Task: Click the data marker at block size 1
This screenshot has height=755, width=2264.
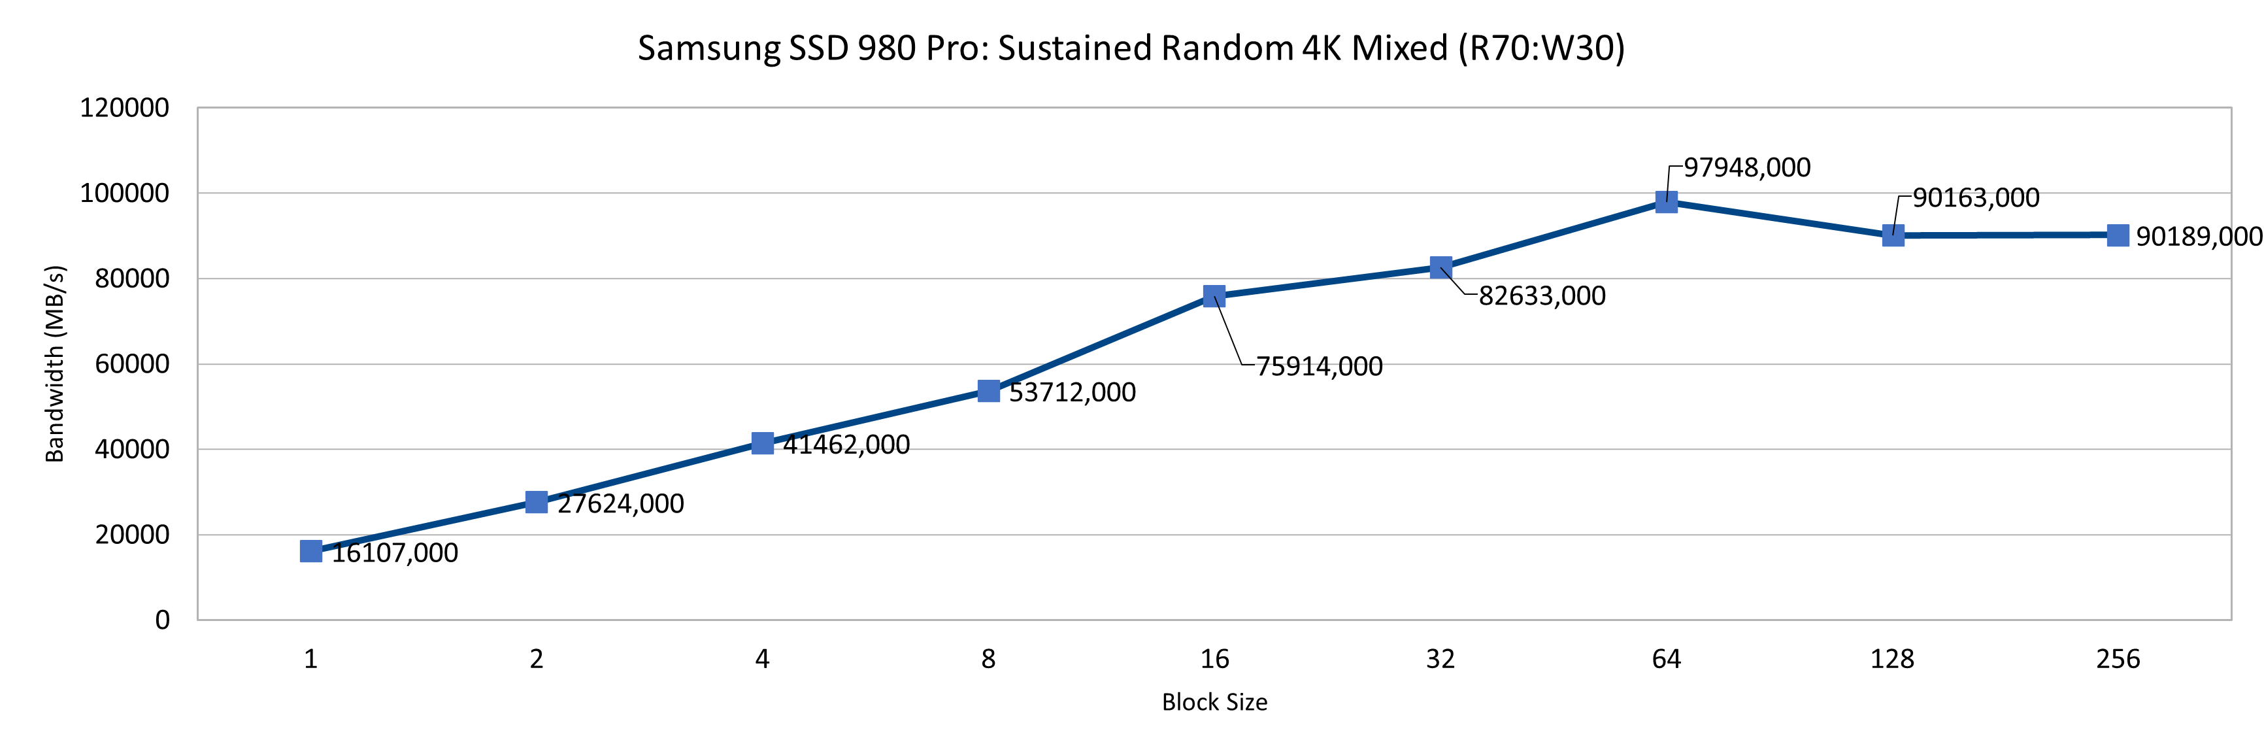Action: (x=310, y=551)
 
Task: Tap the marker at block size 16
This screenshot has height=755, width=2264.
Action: (x=1214, y=295)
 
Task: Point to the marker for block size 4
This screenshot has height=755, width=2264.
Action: (x=762, y=443)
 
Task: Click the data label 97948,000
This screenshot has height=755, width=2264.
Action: (x=1746, y=167)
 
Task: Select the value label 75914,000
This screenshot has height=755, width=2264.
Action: (x=1318, y=365)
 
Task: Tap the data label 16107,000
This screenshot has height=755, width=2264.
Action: (x=395, y=553)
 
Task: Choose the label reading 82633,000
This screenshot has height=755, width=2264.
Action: (x=1542, y=295)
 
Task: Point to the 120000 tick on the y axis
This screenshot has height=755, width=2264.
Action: (x=124, y=108)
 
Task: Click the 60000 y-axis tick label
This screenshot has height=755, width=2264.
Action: (x=132, y=364)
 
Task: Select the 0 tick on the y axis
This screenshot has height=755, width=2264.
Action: (x=163, y=620)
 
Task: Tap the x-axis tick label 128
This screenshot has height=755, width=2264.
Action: (x=1891, y=659)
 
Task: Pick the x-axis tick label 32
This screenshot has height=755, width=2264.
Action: (x=1440, y=659)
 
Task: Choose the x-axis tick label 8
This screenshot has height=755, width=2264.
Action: (x=988, y=659)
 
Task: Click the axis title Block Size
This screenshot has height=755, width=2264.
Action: (x=1214, y=702)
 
